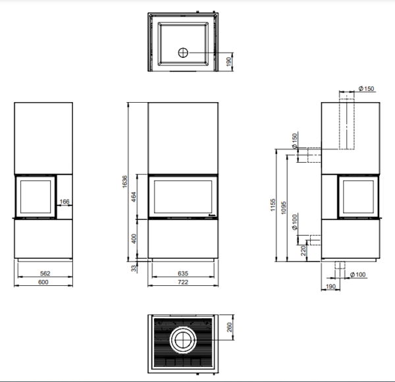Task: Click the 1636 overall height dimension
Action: [124, 181]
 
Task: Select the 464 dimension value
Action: [134, 197]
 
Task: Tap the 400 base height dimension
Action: [134, 238]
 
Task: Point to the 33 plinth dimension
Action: [134, 268]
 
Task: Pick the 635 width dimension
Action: [183, 273]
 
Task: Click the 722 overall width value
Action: [183, 282]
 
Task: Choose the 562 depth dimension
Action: [45, 273]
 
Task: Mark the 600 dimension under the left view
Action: [43, 282]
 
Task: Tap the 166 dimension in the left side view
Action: [65, 202]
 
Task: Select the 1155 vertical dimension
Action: [273, 205]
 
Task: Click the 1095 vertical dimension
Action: [284, 207]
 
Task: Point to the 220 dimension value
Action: [303, 250]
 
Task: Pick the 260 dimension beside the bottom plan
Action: [230, 327]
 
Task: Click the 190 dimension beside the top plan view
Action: [228, 62]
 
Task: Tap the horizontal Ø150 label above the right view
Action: [366, 88]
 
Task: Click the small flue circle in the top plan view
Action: [183, 53]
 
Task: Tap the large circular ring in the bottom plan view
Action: [183, 340]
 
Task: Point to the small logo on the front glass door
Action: [212, 215]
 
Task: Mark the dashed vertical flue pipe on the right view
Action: [347, 124]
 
